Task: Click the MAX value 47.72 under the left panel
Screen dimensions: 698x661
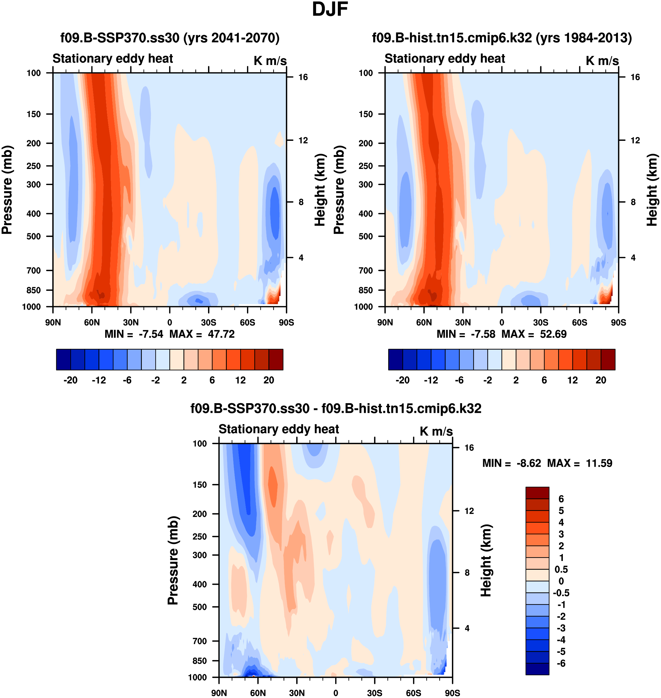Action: pyautogui.click(x=221, y=334)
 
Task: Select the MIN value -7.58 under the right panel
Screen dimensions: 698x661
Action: pyautogui.click(x=483, y=334)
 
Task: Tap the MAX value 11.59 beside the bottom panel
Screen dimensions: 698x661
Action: pyautogui.click(x=599, y=463)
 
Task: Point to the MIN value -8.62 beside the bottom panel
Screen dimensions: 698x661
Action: pyautogui.click(x=529, y=463)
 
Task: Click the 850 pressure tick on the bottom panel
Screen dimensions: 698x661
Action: pyautogui.click(x=200, y=661)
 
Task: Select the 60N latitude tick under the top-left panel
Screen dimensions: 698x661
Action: pyautogui.click(x=92, y=323)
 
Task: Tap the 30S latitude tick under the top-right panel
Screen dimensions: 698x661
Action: pyautogui.click(x=541, y=323)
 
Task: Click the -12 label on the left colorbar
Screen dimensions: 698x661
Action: pyautogui.click(x=99, y=380)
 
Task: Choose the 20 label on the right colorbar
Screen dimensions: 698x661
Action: pyautogui.click(x=601, y=380)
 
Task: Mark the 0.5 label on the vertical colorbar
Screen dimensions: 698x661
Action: pyautogui.click(x=561, y=569)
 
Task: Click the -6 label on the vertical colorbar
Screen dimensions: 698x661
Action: pyautogui.click(x=561, y=663)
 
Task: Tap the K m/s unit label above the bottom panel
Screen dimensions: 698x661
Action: pyautogui.click(x=436, y=431)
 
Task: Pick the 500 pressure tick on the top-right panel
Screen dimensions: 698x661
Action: pyautogui.click(x=365, y=236)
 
